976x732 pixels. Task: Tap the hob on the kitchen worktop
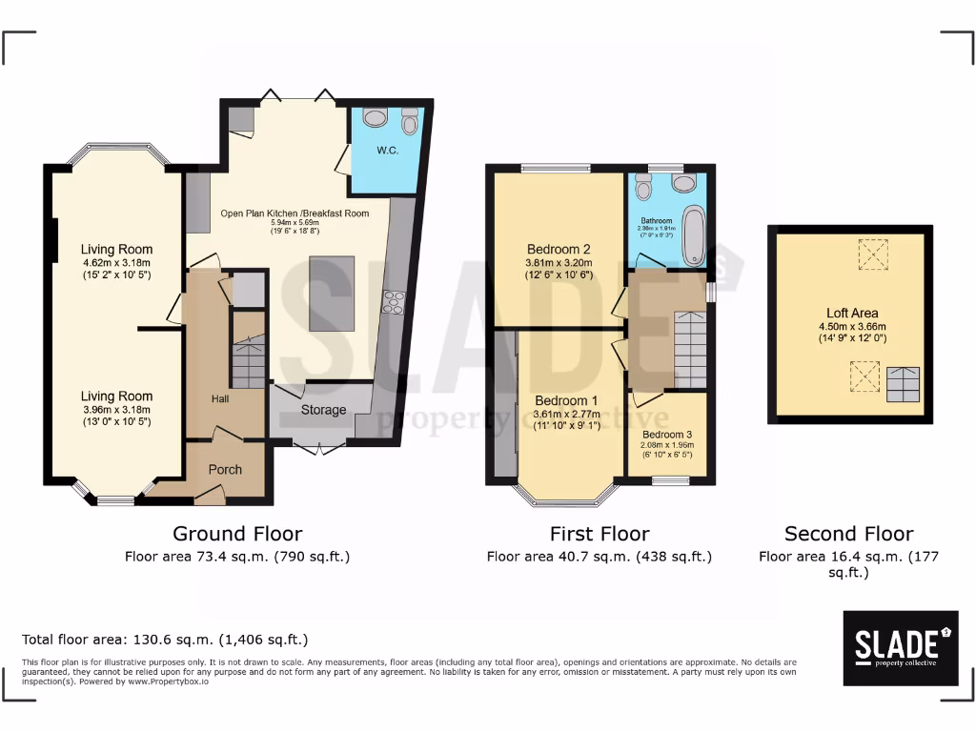pos(392,302)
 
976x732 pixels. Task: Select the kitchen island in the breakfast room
pos(331,294)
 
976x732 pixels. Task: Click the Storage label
pos(322,411)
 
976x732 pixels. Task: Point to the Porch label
pos(225,469)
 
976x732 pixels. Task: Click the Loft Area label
pos(852,313)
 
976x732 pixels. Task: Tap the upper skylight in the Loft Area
pos(869,254)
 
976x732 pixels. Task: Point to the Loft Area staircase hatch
pos(905,384)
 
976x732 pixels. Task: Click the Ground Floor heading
pos(237,534)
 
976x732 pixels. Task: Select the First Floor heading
pos(600,534)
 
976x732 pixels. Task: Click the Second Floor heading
pos(848,534)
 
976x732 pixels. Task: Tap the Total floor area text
pos(164,640)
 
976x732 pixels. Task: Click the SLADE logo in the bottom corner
pos(900,647)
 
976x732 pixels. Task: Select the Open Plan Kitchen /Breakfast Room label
pos(295,213)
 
